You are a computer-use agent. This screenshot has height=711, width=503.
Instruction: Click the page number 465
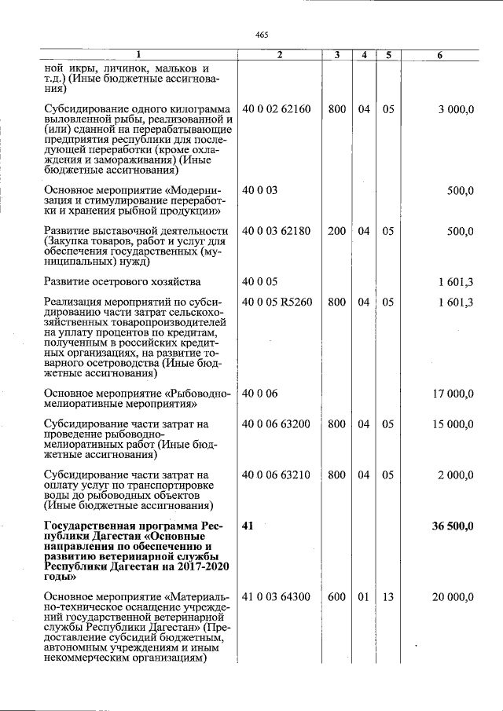[262, 34]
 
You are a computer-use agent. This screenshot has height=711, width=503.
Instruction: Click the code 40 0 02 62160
[277, 109]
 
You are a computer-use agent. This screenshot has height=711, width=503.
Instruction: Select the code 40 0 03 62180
[277, 231]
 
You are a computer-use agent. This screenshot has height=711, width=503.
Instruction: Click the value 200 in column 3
[336, 231]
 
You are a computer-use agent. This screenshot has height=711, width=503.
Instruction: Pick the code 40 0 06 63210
[277, 475]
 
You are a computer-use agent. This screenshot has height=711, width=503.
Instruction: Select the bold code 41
[248, 526]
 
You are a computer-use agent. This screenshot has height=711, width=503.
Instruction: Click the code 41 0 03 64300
[277, 597]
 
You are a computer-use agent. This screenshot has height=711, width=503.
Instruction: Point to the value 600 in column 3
[336, 597]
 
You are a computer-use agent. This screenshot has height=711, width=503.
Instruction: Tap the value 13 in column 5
[388, 597]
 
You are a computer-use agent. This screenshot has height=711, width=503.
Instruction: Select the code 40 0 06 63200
[277, 424]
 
